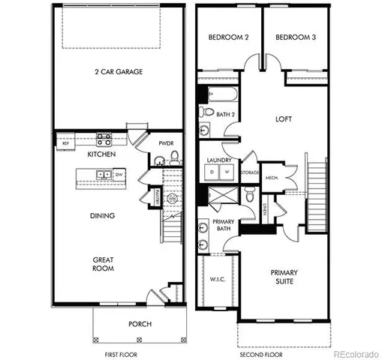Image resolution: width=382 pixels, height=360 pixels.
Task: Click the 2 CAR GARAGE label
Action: (x=119, y=72)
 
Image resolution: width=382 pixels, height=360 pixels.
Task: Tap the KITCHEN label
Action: (x=101, y=154)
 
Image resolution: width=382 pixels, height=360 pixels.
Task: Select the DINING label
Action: (x=102, y=216)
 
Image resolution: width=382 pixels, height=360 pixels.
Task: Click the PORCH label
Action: (x=140, y=324)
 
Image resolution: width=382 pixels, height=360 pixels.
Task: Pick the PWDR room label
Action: (x=166, y=145)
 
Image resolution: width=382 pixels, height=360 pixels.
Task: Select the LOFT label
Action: (x=283, y=118)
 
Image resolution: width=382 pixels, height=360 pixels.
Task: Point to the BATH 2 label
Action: (x=225, y=114)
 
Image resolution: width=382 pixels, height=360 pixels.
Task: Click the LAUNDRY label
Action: (x=218, y=160)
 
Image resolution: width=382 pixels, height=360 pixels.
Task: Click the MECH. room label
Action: (x=272, y=178)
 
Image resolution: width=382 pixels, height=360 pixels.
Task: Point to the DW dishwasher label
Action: (x=119, y=175)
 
